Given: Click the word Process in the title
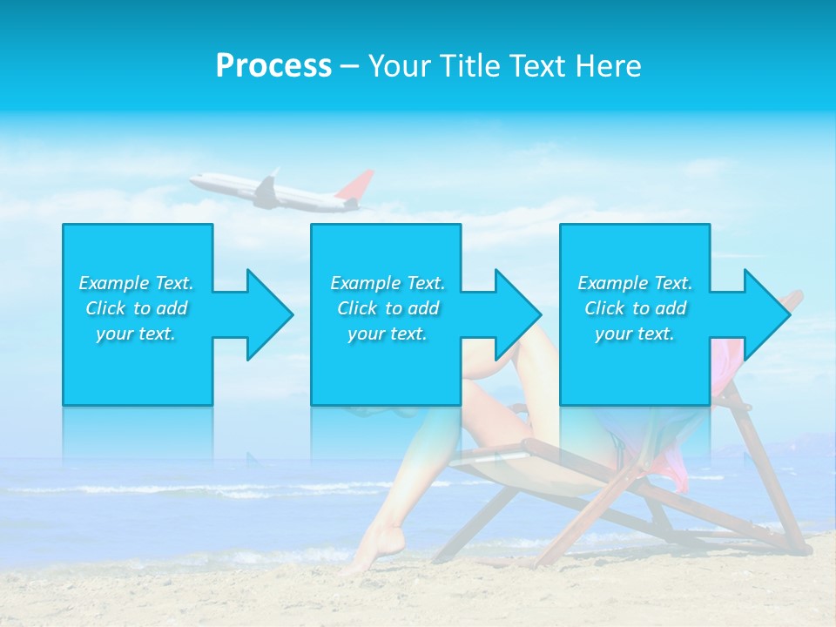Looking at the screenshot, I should coord(273,66).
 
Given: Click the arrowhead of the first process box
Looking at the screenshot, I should coord(266,314).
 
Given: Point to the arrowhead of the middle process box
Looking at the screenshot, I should coord(515,314).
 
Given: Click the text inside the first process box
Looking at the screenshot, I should coord(136,308).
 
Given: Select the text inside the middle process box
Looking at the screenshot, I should coord(388,308).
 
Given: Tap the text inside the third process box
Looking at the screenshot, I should coord(635,308).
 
